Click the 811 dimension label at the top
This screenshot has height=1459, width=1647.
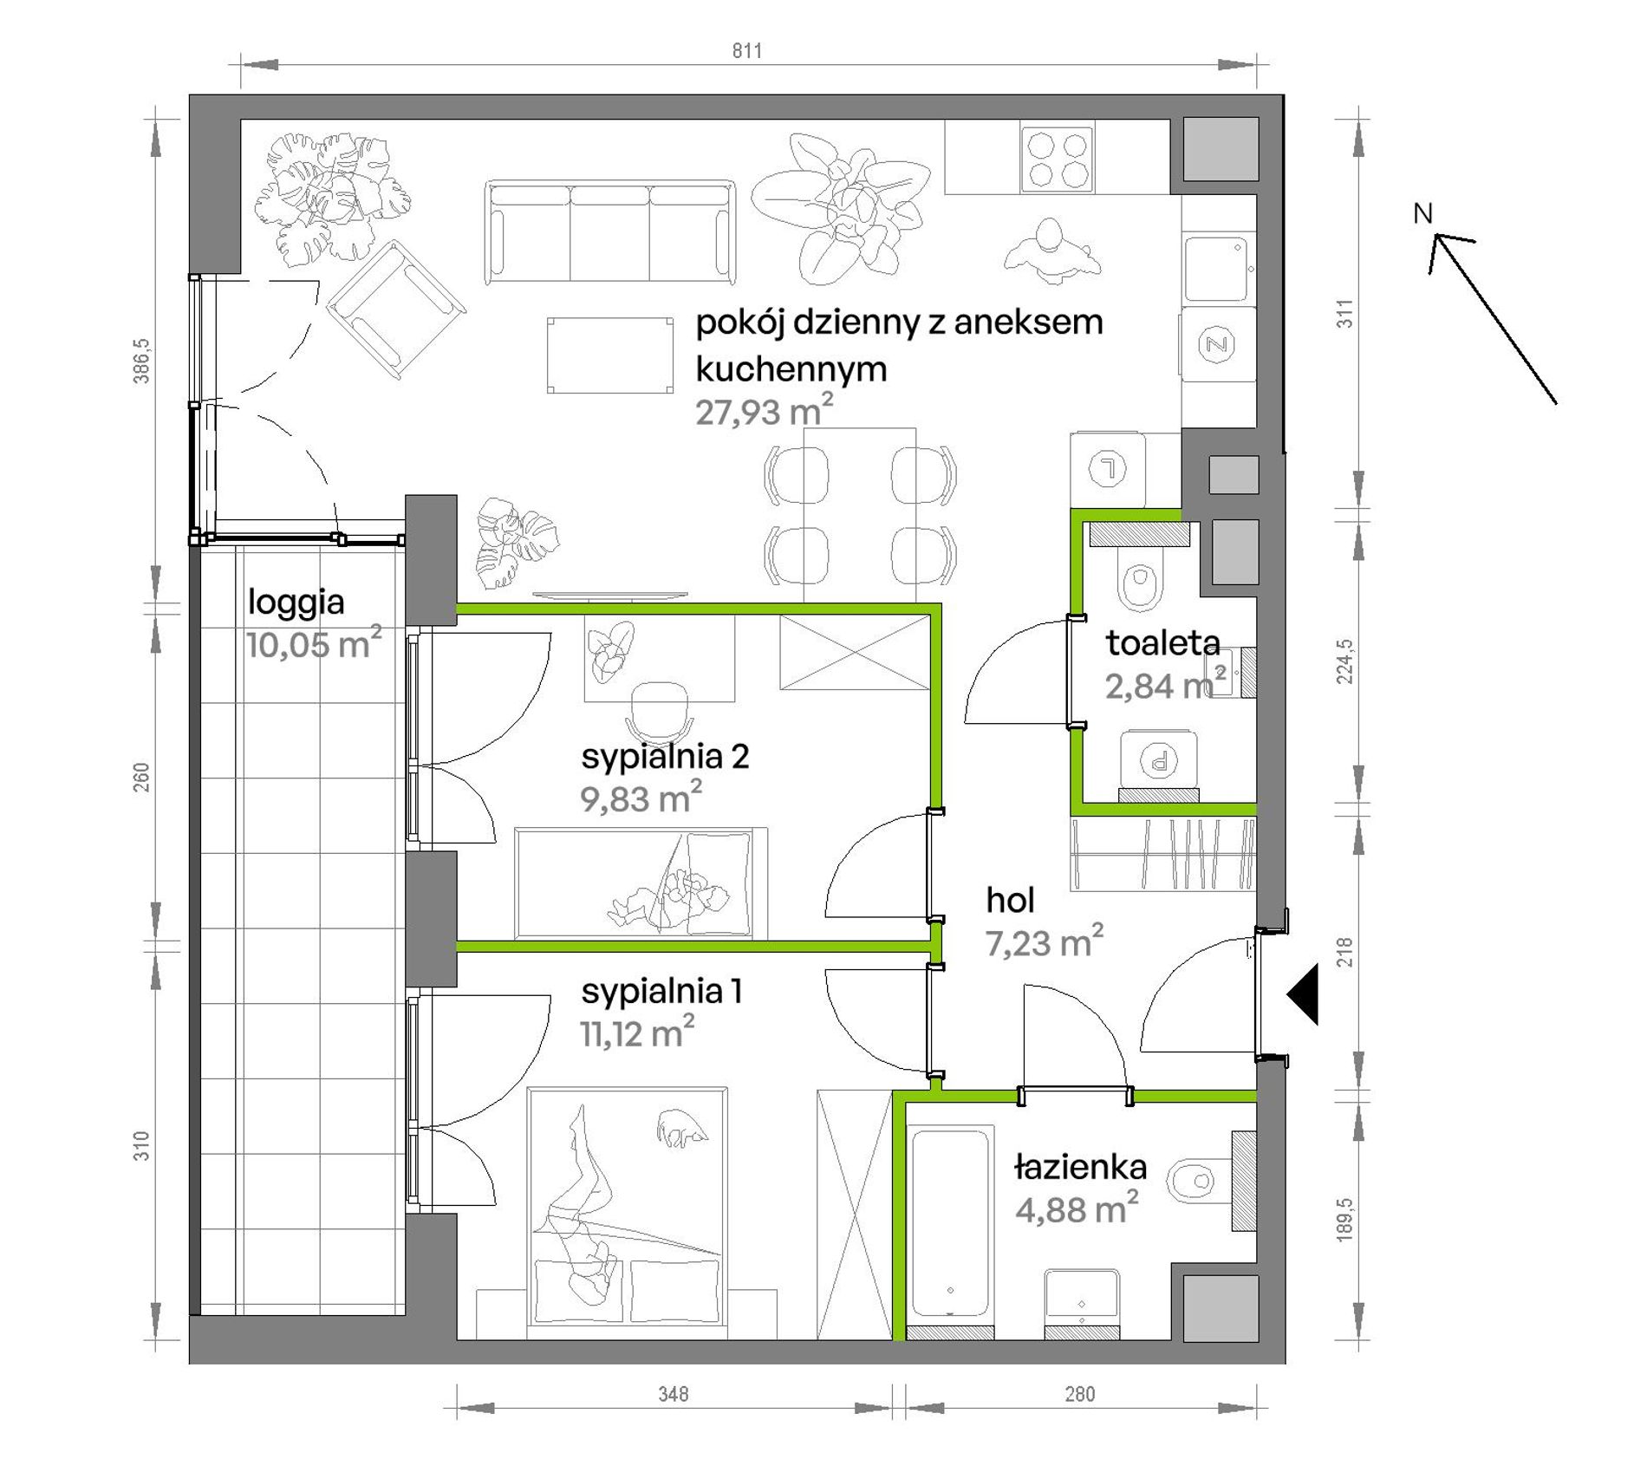tap(747, 51)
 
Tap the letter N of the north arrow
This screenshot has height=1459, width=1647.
tap(1422, 213)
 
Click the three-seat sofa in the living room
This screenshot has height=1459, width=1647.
tap(610, 231)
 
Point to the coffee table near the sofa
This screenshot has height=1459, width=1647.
tap(610, 355)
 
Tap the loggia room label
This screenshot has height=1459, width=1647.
tap(296, 602)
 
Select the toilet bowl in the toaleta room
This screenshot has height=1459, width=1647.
tap(1139, 578)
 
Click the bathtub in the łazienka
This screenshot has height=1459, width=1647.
tap(951, 1224)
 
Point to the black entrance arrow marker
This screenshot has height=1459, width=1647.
tap(1303, 994)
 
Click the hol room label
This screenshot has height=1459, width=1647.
tap(1010, 901)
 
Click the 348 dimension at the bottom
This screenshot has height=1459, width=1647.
tap(674, 1394)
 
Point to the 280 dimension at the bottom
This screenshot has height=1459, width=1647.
tap(1080, 1394)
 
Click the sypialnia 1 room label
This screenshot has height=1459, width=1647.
tap(661, 992)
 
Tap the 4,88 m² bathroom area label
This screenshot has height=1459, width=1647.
tap(1077, 1208)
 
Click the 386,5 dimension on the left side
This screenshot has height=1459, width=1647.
tap(141, 361)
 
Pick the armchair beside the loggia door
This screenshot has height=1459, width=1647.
tap(395, 309)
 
